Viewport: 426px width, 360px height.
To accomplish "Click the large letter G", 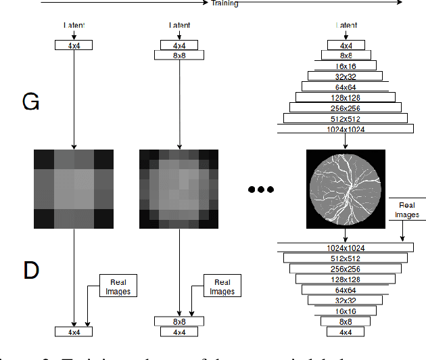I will pos(31,102).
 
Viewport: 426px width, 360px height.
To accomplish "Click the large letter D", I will pos(31,270).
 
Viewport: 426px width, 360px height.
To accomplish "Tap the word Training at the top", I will pos(224,3).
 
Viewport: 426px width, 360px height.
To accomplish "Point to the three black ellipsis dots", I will pos(261,189).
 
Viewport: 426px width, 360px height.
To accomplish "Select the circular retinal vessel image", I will pos(346,189).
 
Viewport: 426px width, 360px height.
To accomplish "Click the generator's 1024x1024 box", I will pos(346,129).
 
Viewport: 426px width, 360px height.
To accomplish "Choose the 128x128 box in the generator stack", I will pos(346,97).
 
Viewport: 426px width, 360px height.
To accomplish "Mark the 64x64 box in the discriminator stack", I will pos(346,289).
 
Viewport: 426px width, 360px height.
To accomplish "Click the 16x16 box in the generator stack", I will pos(346,66).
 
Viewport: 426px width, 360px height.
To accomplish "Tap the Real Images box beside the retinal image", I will pos(408,210).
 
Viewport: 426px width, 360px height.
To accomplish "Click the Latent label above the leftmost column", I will pos(74,26).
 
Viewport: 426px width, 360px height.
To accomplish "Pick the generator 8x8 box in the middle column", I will pos(179,55).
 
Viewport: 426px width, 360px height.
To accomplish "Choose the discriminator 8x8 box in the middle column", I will pos(179,321).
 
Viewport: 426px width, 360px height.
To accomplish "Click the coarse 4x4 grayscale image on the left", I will pos(74,189).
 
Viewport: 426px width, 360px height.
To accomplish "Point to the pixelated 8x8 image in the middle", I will pos(179,189).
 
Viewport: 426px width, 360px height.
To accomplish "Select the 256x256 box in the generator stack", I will pos(346,108).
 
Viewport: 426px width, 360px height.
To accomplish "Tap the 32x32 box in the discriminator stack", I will pos(346,300).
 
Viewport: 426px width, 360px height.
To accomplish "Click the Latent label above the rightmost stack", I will pos(346,26).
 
